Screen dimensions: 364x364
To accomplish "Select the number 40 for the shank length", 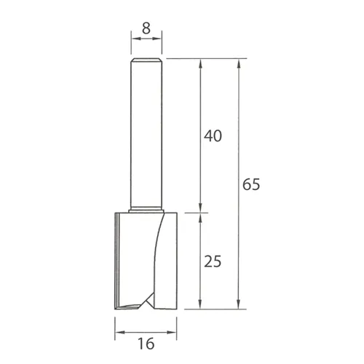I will (213, 135).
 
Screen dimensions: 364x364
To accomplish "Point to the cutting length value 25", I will (213, 261).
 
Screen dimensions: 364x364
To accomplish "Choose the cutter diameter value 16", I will (146, 343).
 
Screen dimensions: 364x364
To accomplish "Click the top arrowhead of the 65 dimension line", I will (240, 63).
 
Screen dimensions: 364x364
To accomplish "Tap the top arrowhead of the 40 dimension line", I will (201, 63).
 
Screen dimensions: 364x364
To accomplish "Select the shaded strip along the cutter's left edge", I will (118, 258).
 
